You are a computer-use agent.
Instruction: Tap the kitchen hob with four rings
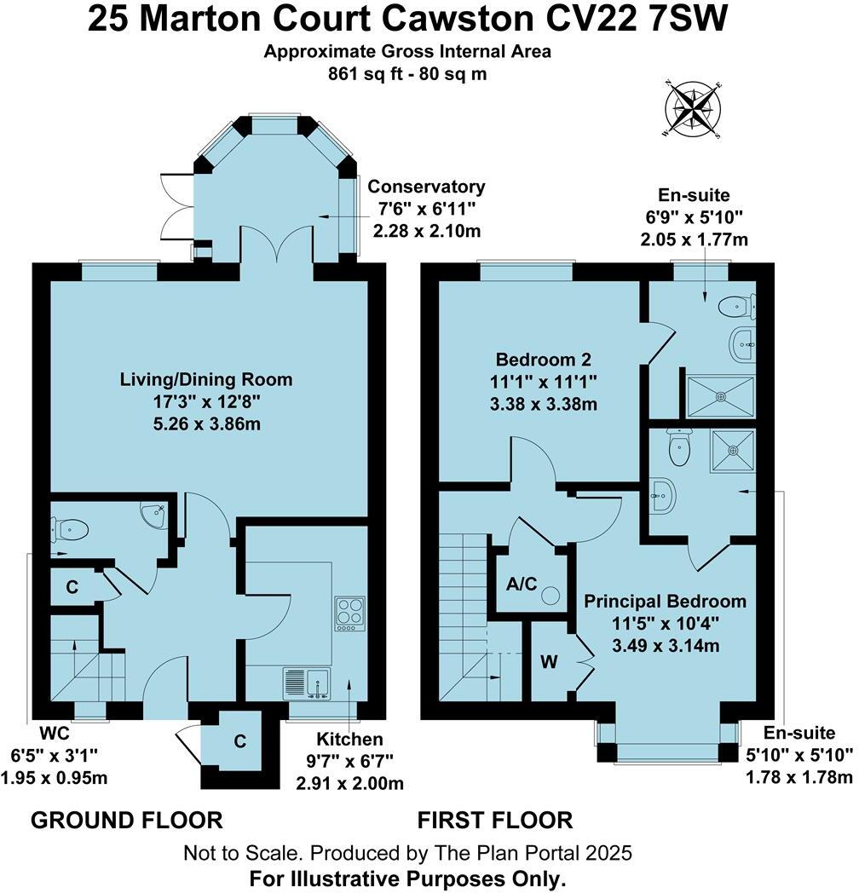point(349,614)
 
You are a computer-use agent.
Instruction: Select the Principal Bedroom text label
point(665,602)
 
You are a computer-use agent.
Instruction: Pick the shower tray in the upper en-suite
point(721,395)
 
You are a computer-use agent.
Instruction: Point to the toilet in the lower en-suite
point(679,449)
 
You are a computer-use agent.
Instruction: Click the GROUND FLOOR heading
point(126,821)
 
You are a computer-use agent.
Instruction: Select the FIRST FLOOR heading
point(494,821)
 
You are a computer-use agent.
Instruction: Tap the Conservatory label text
point(426,187)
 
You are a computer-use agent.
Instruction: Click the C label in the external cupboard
point(240,741)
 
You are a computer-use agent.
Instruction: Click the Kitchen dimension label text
point(349,739)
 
